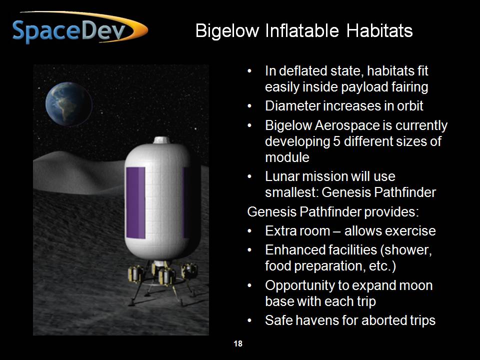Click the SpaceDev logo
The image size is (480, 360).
click(80, 27)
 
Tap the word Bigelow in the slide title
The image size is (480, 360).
click(227, 31)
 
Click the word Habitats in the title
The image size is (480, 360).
click(379, 30)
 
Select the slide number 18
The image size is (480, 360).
click(238, 344)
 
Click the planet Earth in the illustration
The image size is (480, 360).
click(69, 104)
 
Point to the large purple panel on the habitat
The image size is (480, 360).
click(135, 202)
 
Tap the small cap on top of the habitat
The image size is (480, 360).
click(161, 140)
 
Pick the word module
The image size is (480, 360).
click(287, 157)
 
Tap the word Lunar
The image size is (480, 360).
click(282, 176)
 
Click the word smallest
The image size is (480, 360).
click(291, 192)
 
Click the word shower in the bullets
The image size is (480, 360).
click(406, 250)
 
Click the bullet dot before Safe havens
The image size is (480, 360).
click(249, 320)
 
